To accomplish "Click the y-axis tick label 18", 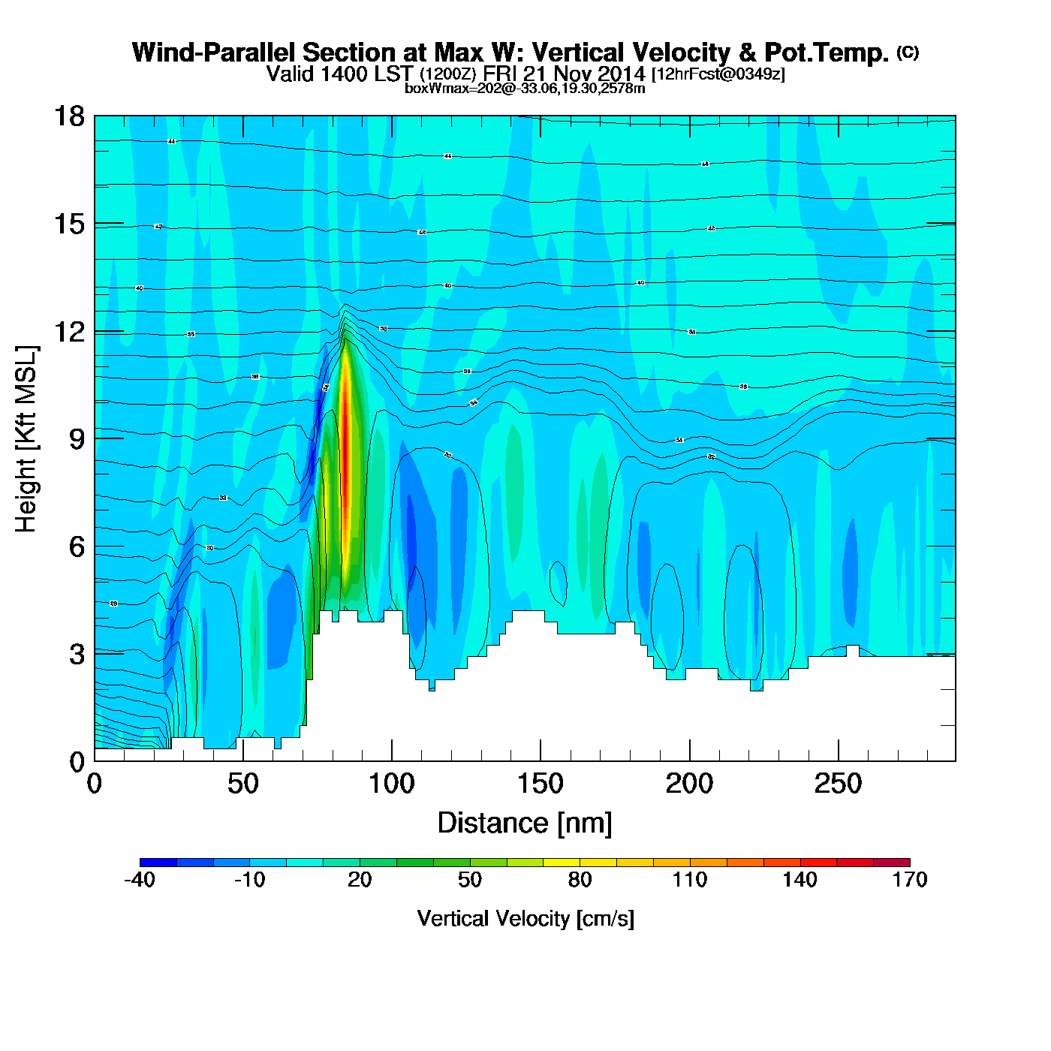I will click(x=69, y=116).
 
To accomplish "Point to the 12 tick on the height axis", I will click(x=69, y=332).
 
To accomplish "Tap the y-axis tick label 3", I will click(x=77, y=655).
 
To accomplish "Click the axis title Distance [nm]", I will click(x=525, y=824).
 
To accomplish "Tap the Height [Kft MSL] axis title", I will click(x=26, y=439).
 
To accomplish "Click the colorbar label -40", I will click(x=140, y=880).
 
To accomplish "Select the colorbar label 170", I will click(x=910, y=880).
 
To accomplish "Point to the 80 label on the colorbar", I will click(x=580, y=880).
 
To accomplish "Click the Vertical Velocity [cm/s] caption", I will click(x=525, y=918).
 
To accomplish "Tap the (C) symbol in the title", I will click(x=908, y=52).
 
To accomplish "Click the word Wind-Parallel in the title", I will click(x=214, y=53).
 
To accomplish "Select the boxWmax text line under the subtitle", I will click(x=525, y=89).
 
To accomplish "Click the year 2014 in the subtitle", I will click(x=622, y=74).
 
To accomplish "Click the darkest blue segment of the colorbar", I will click(x=158, y=863).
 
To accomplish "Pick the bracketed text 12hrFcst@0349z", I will click(x=718, y=74).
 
